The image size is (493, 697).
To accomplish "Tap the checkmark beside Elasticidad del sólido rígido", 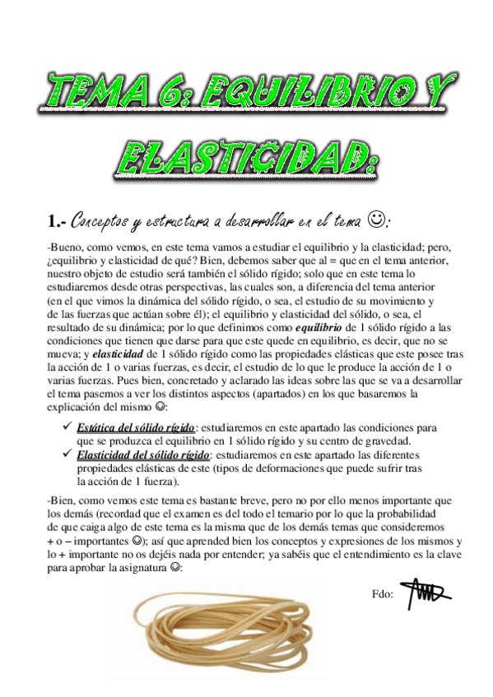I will coord(67,455).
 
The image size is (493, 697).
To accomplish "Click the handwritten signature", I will coord(426,593).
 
